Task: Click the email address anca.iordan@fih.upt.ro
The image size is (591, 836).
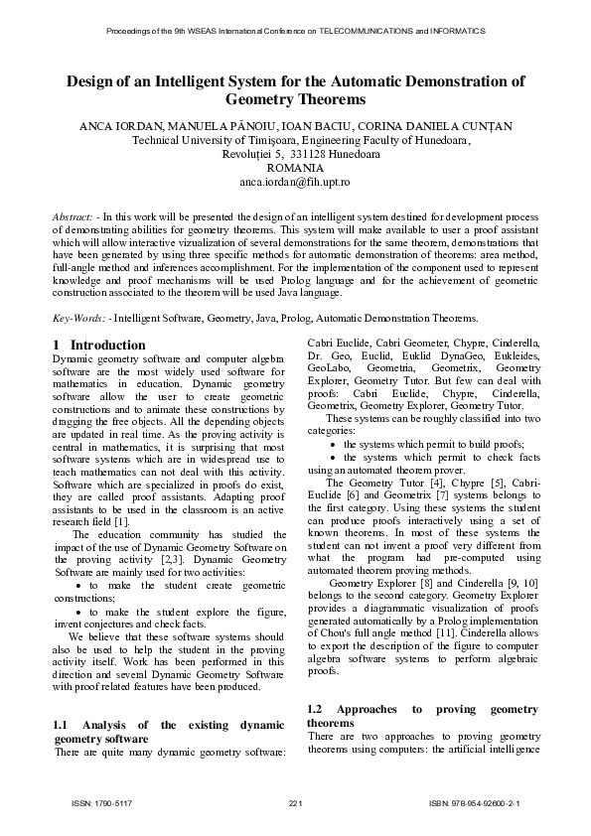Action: tap(295, 183)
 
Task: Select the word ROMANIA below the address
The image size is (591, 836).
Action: tap(295, 169)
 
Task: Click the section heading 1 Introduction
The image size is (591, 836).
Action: tap(84, 345)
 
